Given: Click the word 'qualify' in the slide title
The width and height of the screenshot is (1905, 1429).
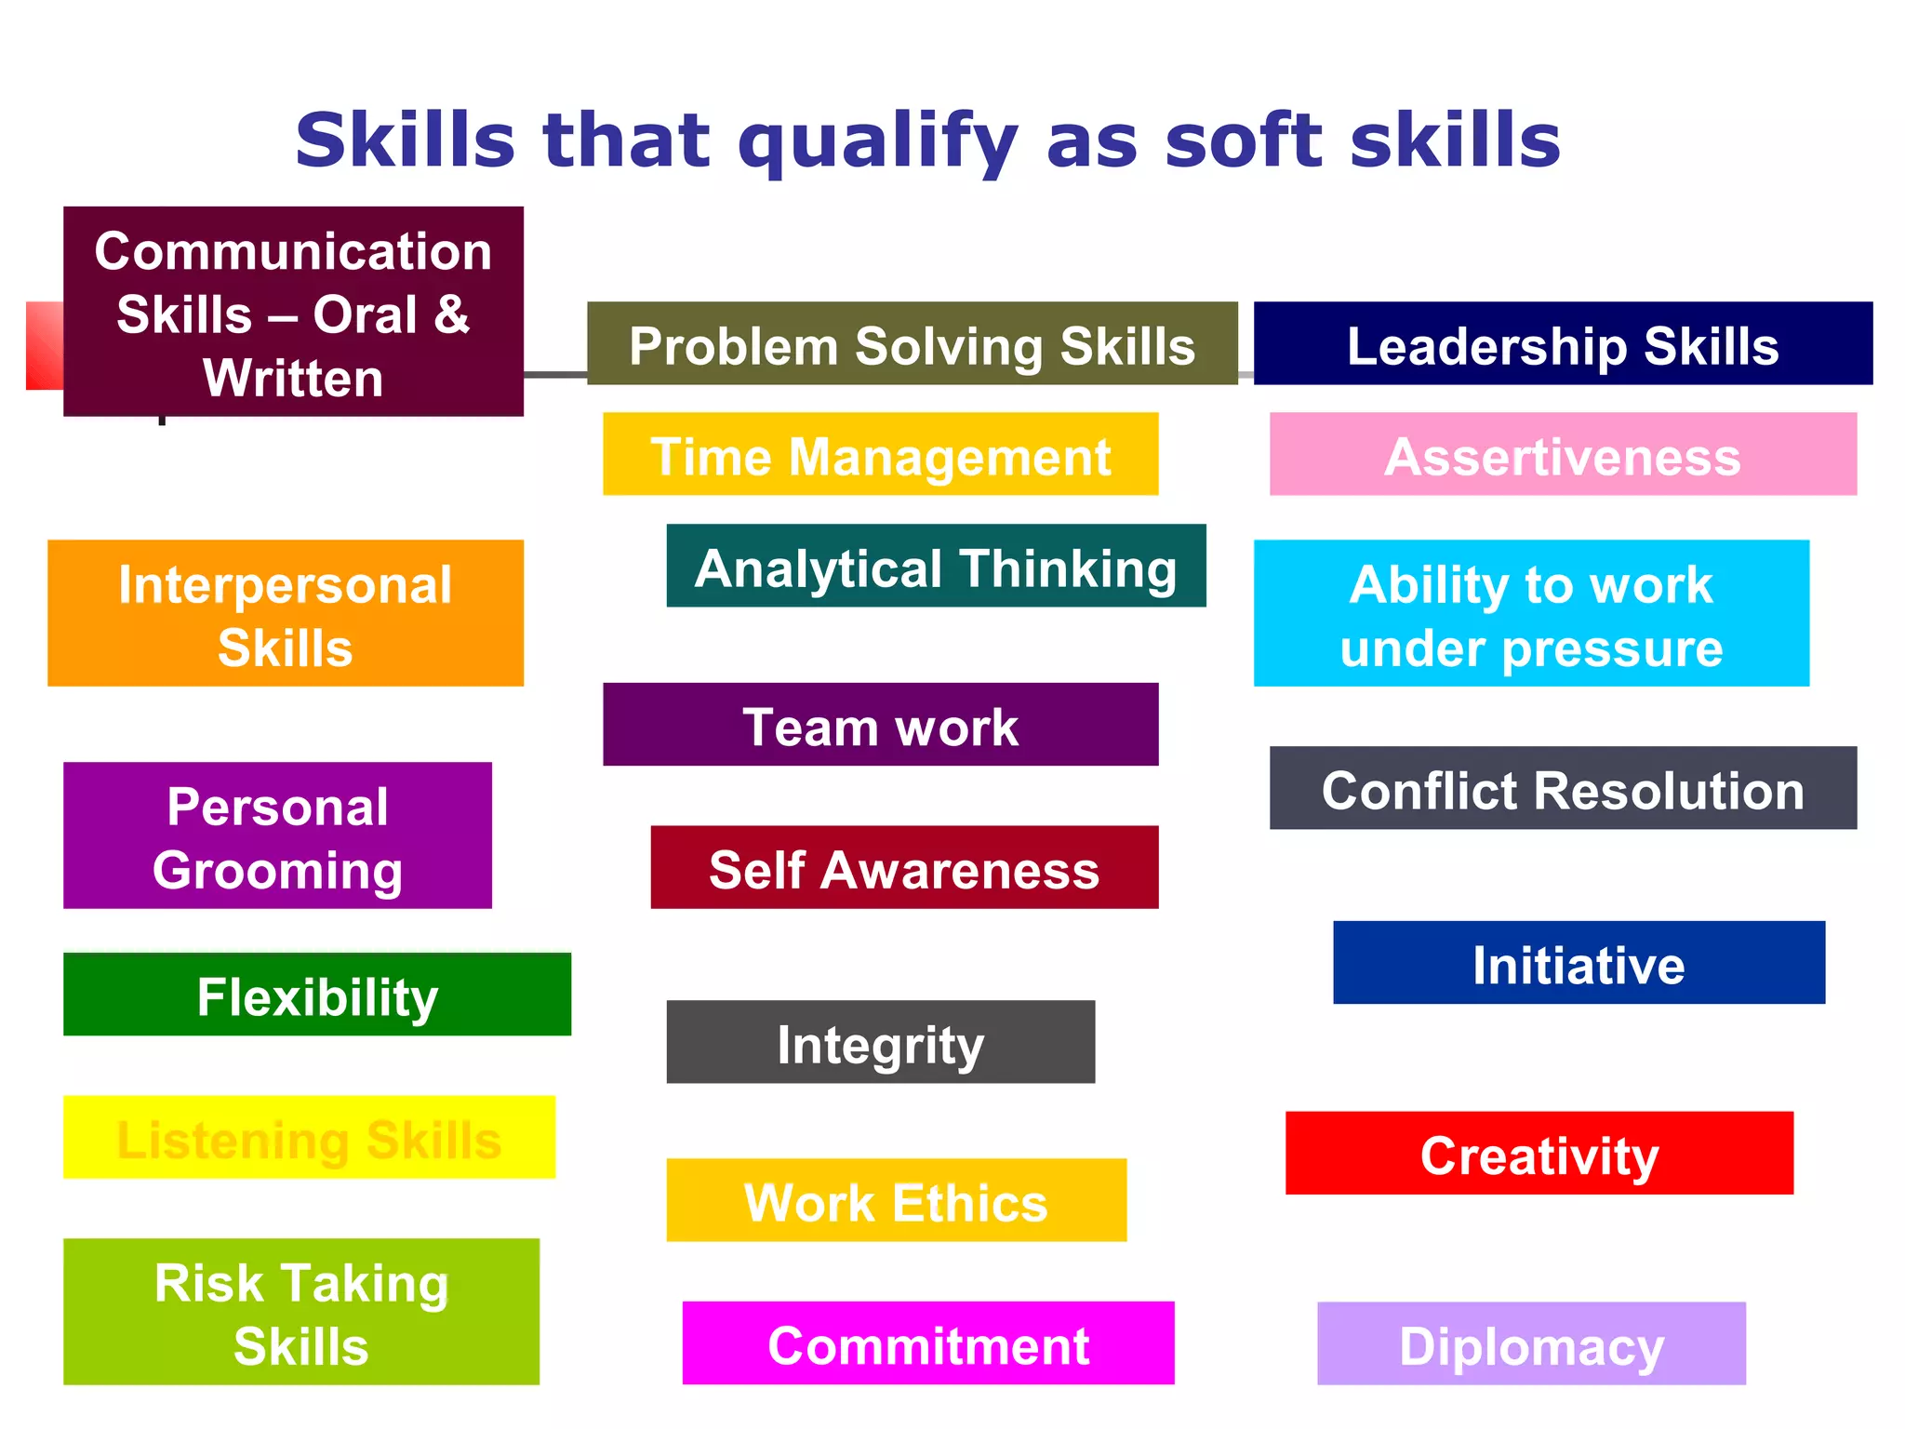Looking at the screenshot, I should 876,141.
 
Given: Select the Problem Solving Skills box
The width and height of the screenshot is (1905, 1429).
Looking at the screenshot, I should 912,344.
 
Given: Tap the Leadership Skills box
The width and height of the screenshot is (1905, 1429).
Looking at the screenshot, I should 1563,344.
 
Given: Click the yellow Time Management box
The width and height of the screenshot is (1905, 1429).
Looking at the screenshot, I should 880,454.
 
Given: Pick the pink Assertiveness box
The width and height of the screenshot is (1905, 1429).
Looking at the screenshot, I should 1563,454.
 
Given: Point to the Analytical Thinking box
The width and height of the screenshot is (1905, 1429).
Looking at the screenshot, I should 936,566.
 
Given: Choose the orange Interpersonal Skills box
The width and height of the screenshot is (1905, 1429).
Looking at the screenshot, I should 286,614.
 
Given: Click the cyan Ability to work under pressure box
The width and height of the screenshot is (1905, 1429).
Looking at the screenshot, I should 1531,614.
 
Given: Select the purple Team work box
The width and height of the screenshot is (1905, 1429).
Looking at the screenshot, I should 880,725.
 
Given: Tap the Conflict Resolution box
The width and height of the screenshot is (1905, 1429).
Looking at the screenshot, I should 1563,788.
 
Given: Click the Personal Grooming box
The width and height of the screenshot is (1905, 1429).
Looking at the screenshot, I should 277,835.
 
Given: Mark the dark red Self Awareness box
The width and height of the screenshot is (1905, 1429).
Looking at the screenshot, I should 904,867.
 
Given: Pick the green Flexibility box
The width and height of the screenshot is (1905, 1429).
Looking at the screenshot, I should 317,995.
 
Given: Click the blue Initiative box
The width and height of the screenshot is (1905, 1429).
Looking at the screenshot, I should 1579,963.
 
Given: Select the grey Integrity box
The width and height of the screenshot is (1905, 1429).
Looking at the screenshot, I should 880,1042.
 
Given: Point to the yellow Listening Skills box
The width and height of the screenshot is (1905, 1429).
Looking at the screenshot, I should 309,1138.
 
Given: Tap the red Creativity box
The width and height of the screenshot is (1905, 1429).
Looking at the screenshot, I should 1539,1154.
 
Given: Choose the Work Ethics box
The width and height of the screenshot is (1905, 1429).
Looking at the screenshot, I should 896,1200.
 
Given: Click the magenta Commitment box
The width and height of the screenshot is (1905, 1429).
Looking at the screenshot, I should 928,1343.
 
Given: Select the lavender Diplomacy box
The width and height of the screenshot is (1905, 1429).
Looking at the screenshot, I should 1531,1344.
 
